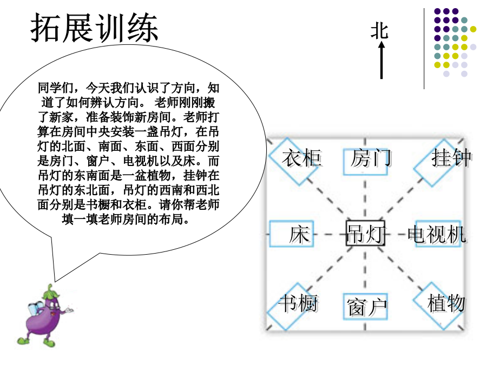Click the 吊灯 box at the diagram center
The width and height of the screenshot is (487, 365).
(365, 234)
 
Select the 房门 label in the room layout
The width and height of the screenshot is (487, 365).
(370, 158)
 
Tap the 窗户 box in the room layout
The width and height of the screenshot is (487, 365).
(366, 307)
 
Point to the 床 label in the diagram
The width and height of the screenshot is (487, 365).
(299, 234)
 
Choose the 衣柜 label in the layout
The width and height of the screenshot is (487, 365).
(301, 158)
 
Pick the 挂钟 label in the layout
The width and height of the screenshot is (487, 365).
(451, 158)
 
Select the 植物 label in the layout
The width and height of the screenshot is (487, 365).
(446, 303)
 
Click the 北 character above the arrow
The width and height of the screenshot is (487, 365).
(379, 31)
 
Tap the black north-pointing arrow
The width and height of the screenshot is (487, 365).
(381, 60)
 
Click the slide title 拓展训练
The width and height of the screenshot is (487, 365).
(94, 28)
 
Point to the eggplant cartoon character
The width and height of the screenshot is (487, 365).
(44, 316)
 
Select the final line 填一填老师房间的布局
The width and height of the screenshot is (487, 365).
(126, 219)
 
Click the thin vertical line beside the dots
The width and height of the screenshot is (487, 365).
(424, 49)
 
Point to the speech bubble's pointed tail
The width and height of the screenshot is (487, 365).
(55, 281)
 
